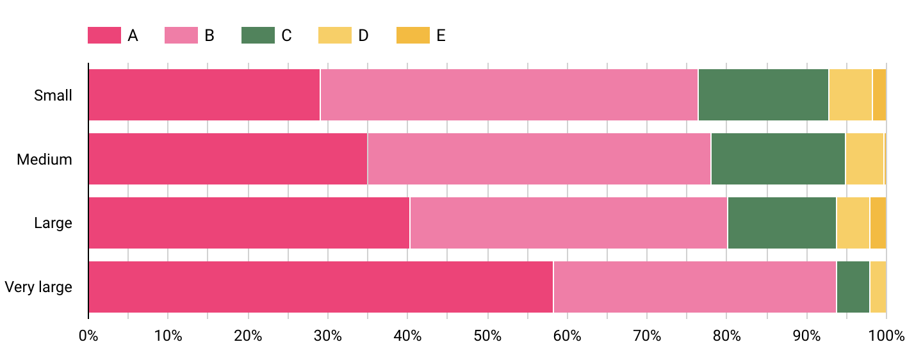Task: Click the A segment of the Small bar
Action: pyautogui.click(x=204, y=95)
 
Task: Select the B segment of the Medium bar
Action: pyautogui.click(x=539, y=159)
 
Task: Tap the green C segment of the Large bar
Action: pyautogui.click(x=781, y=223)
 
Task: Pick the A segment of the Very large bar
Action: pyautogui.click(x=320, y=287)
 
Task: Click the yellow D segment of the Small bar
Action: pyautogui.click(x=850, y=95)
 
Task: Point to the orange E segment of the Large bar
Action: pyautogui.click(x=878, y=223)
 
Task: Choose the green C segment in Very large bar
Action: pyautogui.click(x=853, y=287)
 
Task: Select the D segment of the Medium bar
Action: pyautogui.click(x=864, y=159)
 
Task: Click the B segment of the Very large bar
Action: pyautogui.click(x=694, y=287)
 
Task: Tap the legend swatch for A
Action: pyautogui.click(x=104, y=35)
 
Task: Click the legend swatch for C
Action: pyautogui.click(x=258, y=35)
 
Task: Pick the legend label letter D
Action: pyautogui.click(x=363, y=35)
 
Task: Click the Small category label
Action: pyautogui.click(x=53, y=95)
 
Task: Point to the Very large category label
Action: pyautogui.click(x=38, y=287)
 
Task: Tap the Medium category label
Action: pyautogui.click(x=45, y=160)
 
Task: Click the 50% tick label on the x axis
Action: pyautogui.click(x=487, y=335)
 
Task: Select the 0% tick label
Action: pyautogui.click(x=88, y=335)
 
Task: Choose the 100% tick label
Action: pyautogui.click(x=886, y=335)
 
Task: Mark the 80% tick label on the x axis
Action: pyautogui.click(x=726, y=335)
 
